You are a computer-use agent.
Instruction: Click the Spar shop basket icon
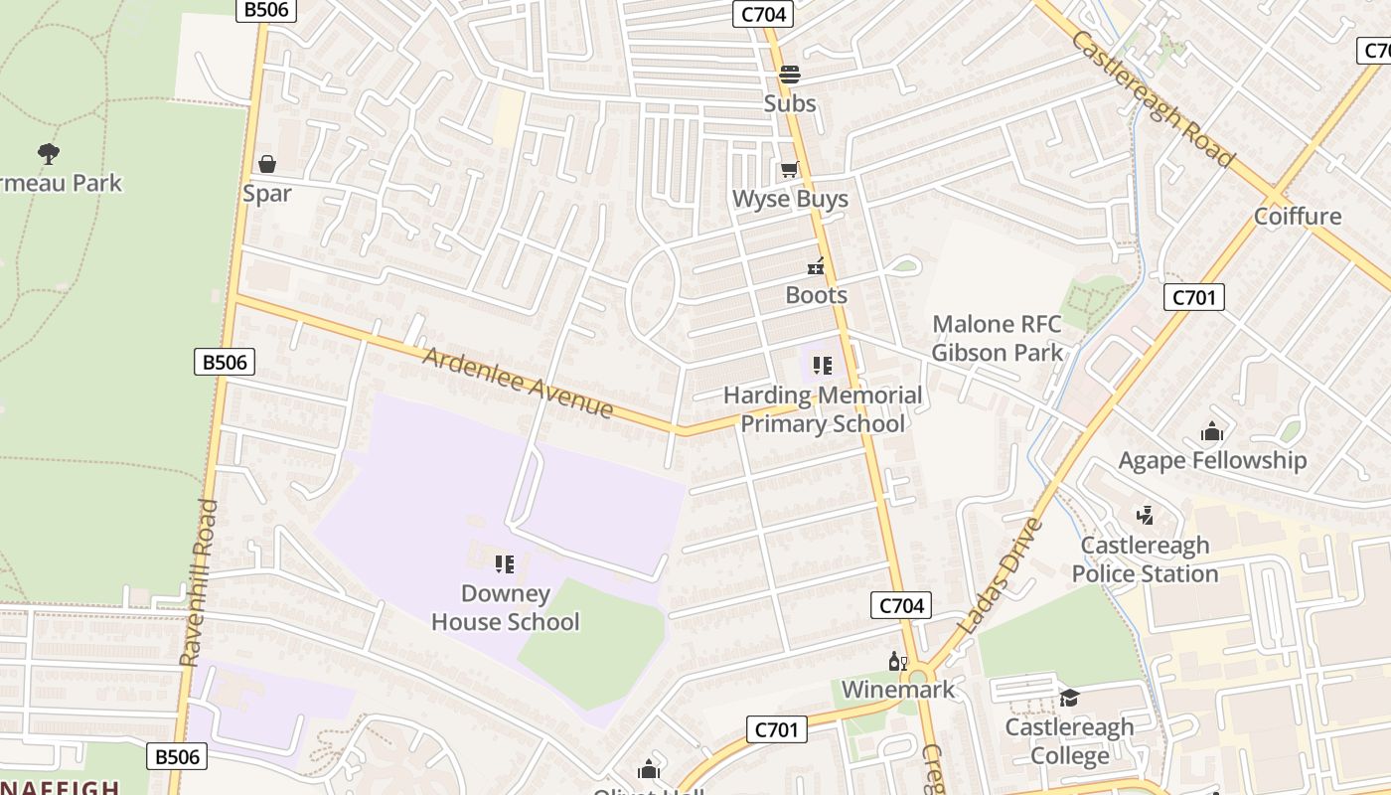[x=266, y=163]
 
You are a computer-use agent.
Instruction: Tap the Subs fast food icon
[x=790, y=74]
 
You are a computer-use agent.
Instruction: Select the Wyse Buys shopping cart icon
[x=790, y=169]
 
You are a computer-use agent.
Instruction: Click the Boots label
[x=816, y=295]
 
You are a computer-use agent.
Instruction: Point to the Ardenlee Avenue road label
[x=518, y=383]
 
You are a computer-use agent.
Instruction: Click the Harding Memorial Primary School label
[x=823, y=409]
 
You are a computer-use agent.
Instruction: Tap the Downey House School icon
[x=505, y=564]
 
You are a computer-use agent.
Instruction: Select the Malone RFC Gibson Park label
[x=997, y=338]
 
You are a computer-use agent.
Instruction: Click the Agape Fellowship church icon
[x=1212, y=431]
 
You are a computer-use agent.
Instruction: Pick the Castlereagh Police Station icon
[x=1145, y=515]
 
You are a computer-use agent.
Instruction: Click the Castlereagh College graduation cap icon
[x=1069, y=698]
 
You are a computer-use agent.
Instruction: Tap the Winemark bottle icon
[x=897, y=661]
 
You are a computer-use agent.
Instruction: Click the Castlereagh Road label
[x=1154, y=99]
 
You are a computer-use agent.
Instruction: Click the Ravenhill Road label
[x=199, y=582]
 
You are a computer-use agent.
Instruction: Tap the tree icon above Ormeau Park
[x=48, y=153]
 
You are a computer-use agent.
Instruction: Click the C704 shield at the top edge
[x=763, y=14]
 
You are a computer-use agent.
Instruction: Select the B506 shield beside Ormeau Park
[x=225, y=362]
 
